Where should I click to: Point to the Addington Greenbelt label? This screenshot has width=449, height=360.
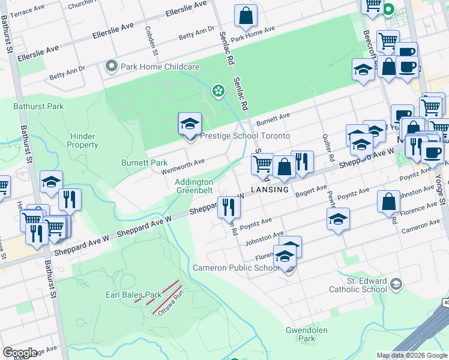point(194,186)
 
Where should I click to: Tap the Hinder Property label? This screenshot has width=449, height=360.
point(82,140)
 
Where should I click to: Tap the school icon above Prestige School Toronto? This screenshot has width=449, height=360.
point(190,124)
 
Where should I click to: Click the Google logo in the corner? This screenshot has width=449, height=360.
point(20,352)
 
